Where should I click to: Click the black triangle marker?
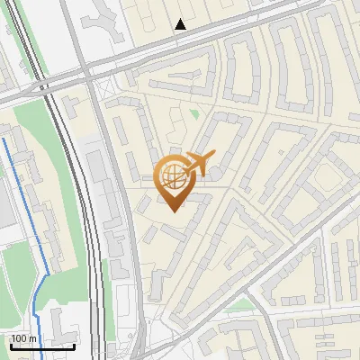click(181, 24)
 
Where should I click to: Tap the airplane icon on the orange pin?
click(199, 163)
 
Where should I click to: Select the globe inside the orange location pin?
click(172, 176)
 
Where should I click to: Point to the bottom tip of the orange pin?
click(174, 211)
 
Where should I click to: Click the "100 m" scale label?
click(23, 338)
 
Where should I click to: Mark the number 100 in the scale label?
click(20, 338)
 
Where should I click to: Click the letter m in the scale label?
click(32, 338)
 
